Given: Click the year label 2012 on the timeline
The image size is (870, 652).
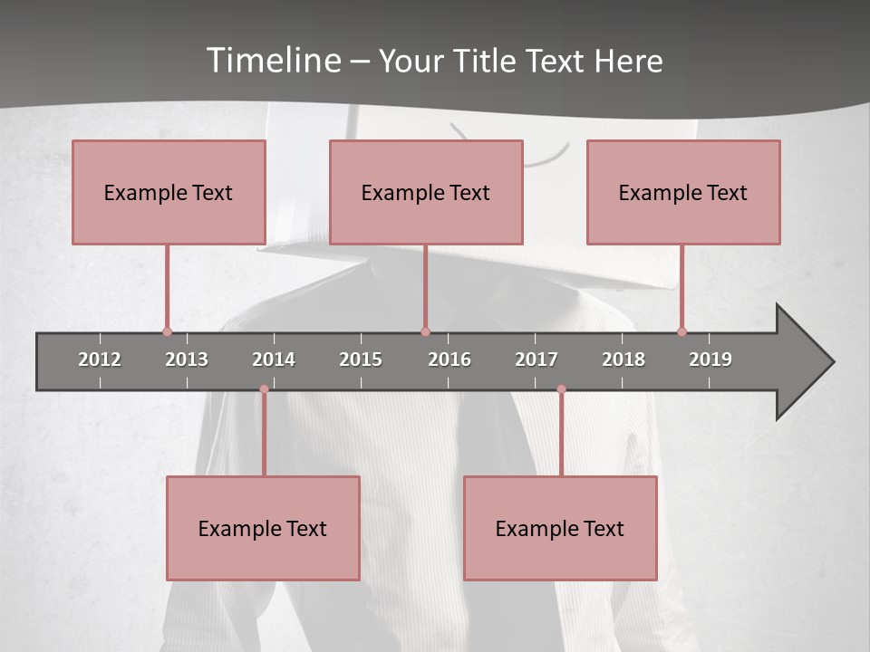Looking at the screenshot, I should pos(100,360).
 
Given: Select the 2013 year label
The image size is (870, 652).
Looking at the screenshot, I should pos(187,360).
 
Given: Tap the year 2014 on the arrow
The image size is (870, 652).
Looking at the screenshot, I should pos(274,360).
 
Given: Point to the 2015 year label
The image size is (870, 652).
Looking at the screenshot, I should pos(361,360).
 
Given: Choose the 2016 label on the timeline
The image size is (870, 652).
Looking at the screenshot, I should pos(449,360).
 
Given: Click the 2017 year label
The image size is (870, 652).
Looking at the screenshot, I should pos(536,360).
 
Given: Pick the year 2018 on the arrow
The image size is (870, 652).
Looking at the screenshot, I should pos(623,360).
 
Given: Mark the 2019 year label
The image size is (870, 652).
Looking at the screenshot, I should pos(710,360).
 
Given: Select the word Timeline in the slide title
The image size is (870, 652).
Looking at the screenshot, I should pos(273,61).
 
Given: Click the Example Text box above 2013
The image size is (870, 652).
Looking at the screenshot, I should pos(169,193).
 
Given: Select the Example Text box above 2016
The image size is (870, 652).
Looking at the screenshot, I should pos(426,193).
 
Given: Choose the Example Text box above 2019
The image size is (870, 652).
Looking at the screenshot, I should pos(683,193).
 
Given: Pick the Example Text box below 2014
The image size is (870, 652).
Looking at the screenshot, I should pos(263,528).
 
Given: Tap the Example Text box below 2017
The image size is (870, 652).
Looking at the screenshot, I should pos(560,528).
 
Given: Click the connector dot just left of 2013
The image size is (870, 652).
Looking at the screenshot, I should pos(167,331).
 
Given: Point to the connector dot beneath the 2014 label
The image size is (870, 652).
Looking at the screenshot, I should pos(264,389).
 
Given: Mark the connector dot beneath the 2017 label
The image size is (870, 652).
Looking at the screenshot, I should pos(561,389).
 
